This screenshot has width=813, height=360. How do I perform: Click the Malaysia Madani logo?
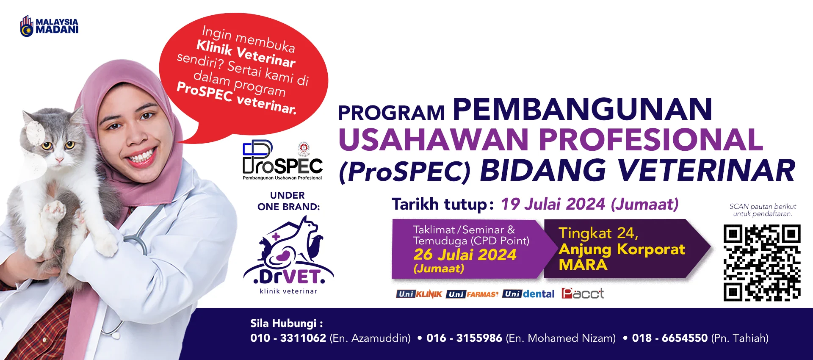49,26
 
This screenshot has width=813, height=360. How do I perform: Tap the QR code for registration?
762,263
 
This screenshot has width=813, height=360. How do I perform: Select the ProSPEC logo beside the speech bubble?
282,161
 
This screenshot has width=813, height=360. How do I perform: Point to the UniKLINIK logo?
419,294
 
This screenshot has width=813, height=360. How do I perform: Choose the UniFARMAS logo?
472,294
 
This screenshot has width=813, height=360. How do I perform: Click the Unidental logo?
528,294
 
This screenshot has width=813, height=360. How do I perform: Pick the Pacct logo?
583,293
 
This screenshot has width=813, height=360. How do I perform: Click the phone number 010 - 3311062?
288,338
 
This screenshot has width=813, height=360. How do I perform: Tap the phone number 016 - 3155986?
464,338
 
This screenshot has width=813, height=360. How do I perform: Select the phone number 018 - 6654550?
670,338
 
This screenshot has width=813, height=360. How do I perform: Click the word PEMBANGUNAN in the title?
583,109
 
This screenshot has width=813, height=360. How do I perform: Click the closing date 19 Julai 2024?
553,204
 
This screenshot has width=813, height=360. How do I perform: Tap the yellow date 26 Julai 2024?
465,255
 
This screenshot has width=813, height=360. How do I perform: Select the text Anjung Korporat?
622,249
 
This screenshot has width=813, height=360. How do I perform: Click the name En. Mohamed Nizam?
561,338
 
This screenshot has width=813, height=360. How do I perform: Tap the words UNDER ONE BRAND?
288,201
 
